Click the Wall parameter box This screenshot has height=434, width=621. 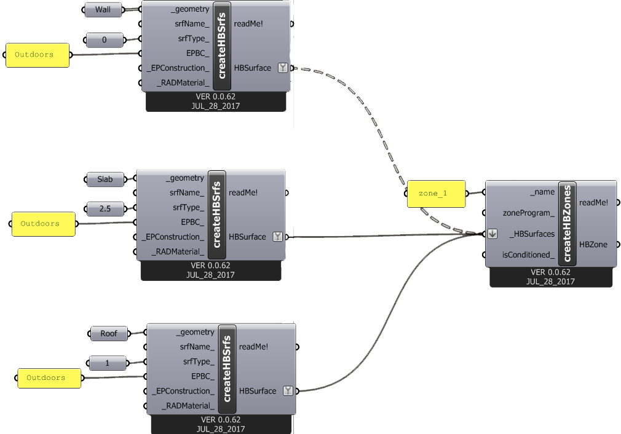tap(103, 9)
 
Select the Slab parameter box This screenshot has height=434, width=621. tap(105, 179)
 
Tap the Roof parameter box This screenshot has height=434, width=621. tap(109, 333)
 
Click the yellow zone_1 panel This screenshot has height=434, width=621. tap(436, 194)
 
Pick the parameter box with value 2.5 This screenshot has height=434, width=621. tap(105, 208)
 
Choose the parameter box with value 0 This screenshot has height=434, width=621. tap(104, 40)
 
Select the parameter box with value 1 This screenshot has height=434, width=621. tap(108, 363)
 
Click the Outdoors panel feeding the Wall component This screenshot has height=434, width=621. tap(38, 55)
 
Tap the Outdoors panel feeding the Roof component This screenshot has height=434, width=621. tap(49, 378)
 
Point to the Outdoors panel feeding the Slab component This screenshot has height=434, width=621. tap(44, 224)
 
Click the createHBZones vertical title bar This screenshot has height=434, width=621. tap(567, 223)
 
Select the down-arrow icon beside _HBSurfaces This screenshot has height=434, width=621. tap(492, 234)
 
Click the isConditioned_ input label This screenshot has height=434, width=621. tap(528, 254)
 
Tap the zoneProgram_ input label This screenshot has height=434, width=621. tap(529, 213)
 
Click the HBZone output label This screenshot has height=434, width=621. tap(593, 244)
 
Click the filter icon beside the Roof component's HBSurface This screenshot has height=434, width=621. tap(288, 391)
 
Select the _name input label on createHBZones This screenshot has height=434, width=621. tap(542, 192)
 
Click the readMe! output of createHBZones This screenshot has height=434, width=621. tap(593, 202)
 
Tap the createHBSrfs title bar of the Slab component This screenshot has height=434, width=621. tap(216, 215)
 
